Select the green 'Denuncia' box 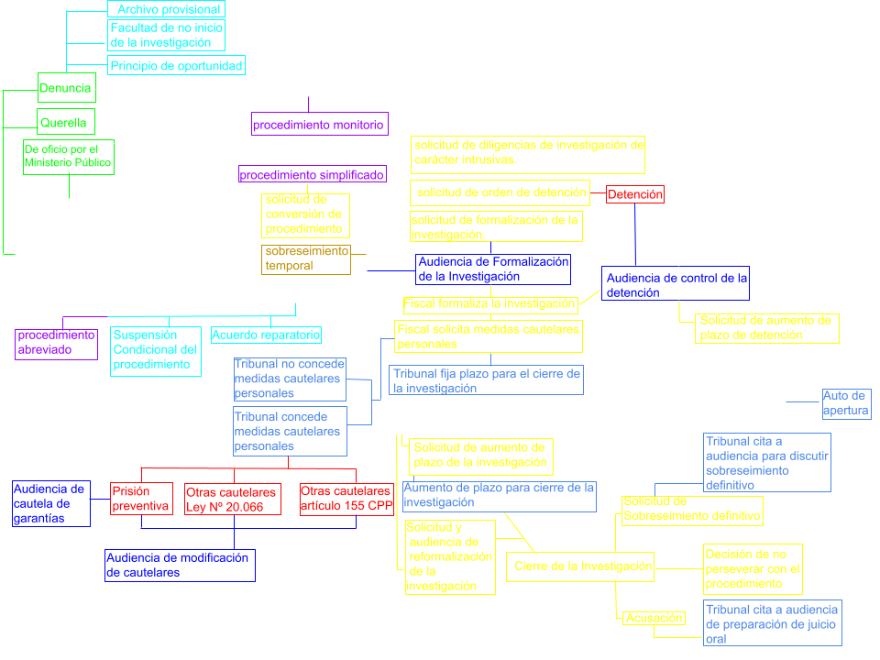[x=66, y=89]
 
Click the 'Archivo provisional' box [x=169, y=10]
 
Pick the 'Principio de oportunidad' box [x=176, y=66]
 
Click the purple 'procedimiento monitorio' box [x=318, y=126]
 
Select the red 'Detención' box [x=635, y=194]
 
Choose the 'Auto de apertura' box [x=845, y=403]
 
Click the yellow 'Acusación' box [x=654, y=618]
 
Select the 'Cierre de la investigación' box [x=582, y=566]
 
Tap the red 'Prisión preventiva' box [x=141, y=499]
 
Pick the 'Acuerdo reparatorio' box [x=266, y=335]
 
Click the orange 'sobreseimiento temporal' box [x=306, y=258]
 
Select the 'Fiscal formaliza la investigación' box [x=489, y=303]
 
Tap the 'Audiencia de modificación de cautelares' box [x=179, y=565]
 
